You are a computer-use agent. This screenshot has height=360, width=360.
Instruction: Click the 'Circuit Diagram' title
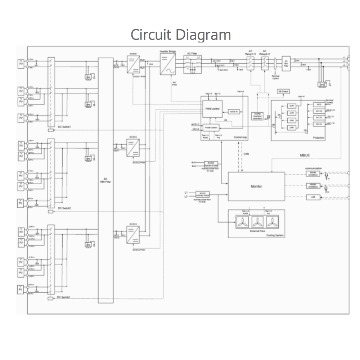tap(180, 35)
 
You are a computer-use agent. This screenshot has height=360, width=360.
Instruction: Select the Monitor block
tap(256, 186)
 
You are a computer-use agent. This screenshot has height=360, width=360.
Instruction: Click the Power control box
tap(211, 127)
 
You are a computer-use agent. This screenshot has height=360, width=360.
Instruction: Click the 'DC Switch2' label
tap(64, 208)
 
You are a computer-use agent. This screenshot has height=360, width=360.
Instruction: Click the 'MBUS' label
tap(305, 156)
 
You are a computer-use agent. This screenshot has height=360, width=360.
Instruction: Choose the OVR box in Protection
tap(292, 106)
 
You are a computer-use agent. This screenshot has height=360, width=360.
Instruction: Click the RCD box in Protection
tap(319, 104)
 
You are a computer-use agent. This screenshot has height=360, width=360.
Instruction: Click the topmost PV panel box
tap(21, 64)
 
